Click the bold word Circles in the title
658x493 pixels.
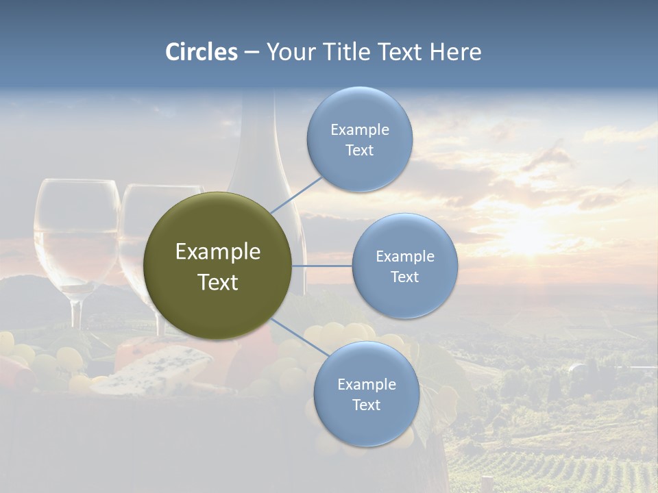(x=202, y=52)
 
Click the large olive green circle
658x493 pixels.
(x=218, y=266)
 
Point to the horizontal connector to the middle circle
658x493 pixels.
(x=322, y=266)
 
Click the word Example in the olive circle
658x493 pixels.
(x=218, y=252)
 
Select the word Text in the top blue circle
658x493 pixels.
(x=359, y=150)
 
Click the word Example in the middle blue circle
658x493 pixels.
(x=404, y=256)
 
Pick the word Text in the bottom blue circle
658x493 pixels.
(x=366, y=405)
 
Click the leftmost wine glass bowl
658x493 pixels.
(x=76, y=233)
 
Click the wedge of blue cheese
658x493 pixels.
(x=154, y=368)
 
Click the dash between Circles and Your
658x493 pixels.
(x=252, y=53)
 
